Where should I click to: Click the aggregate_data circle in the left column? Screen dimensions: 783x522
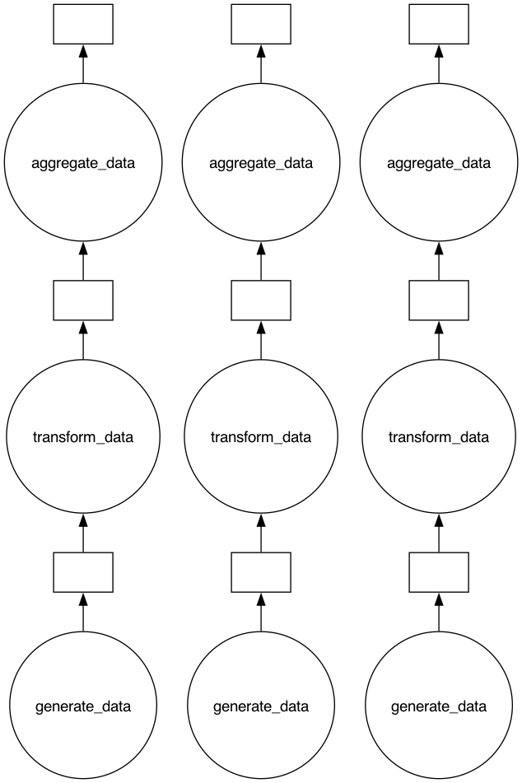(83, 163)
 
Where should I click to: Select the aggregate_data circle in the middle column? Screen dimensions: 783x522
(261, 163)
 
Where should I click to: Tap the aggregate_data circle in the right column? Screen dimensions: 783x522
(439, 163)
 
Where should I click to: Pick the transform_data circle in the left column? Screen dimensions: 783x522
(83, 436)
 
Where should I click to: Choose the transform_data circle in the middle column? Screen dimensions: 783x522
(261, 436)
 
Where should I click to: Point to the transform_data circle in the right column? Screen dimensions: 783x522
(439, 436)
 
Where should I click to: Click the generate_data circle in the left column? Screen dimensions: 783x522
(83, 706)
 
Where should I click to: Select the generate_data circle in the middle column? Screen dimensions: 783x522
(261, 706)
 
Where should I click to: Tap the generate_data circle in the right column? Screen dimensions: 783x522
(439, 706)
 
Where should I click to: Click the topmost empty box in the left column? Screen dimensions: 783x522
(83, 24)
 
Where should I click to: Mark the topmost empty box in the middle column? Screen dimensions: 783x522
(261, 24)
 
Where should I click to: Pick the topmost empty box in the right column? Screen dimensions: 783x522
(439, 24)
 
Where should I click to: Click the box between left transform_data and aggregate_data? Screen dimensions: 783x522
(83, 300)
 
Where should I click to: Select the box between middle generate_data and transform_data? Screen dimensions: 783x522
(261, 572)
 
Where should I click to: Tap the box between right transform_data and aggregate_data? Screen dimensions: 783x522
(439, 300)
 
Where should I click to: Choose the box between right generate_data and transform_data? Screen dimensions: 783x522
(439, 572)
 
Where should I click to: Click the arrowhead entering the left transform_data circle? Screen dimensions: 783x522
(83, 521)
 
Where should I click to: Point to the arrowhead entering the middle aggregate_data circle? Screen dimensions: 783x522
(261, 249)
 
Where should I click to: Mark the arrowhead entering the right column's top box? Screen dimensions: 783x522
(439, 51)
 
